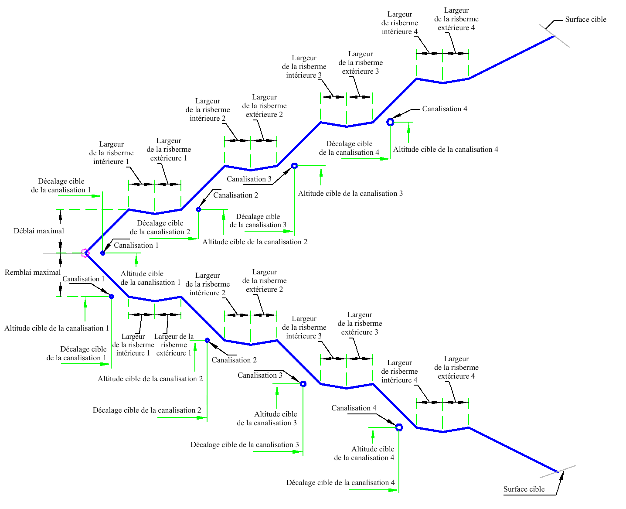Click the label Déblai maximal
click(x=38, y=231)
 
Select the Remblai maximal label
click(x=32, y=272)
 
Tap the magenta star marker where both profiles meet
click(x=85, y=253)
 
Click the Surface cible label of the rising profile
click(x=585, y=19)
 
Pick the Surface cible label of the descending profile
click(x=524, y=489)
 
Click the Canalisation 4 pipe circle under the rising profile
click(x=390, y=122)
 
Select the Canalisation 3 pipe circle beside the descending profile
click(x=303, y=384)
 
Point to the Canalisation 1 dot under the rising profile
click(x=102, y=253)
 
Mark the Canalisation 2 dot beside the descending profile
click(x=207, y=340)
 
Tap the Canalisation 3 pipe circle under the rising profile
click(x=294, y=166)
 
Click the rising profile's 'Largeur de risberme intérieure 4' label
click(x=399, y=23)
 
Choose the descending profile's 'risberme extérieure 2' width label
click(x=264, y=280)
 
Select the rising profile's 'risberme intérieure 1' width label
click(x=111, y=153)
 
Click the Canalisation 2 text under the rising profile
click(x=235, y=195)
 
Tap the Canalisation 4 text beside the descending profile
click(x=354, y=408)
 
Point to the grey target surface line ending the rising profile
click(x=554, y=36)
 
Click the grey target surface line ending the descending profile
click(x=558, y=471)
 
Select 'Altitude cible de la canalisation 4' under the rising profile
click(x=446, y=149)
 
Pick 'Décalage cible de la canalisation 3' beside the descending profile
click(x=245, y=444)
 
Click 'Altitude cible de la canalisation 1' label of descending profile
click(x=56, y=328)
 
